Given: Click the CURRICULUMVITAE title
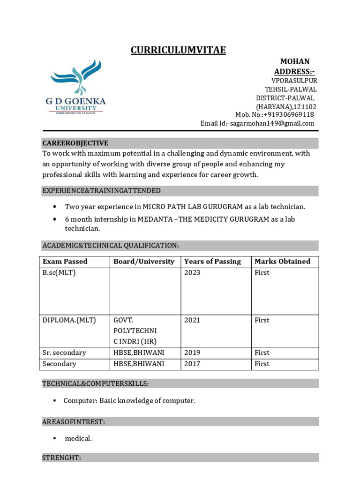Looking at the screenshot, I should tap(178, 50).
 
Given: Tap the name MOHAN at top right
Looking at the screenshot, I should tap(294, 61).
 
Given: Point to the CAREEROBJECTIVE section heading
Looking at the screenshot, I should tap(75, 143).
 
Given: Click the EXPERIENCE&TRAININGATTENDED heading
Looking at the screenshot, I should tap(101, 191).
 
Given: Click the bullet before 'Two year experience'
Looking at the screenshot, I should tap(55, 207).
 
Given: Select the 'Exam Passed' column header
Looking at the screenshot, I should tap(65, 262).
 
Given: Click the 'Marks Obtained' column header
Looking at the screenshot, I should tap(282, 262).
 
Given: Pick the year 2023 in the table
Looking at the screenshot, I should tap(192, 273).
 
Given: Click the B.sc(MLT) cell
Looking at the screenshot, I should tap(59, 273).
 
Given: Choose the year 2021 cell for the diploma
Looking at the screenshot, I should tap(192, 320).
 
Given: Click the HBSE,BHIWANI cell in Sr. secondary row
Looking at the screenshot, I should tap(139, 352).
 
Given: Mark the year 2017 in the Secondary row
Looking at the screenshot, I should tap(192, 364).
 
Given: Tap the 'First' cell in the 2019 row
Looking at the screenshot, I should tap(262, 352).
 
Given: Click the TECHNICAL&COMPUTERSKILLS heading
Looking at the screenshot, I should tap(96, 383).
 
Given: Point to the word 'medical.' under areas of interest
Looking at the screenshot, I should tap(78, 438).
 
